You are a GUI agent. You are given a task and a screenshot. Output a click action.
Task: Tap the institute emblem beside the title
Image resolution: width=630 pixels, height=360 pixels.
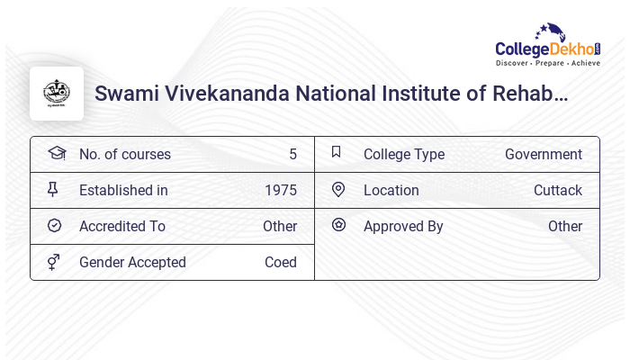point(57,94)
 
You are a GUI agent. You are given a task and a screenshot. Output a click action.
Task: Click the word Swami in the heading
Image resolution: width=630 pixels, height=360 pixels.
point(122,94)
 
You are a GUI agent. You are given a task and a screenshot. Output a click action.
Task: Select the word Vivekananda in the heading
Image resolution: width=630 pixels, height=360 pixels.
point(223,94)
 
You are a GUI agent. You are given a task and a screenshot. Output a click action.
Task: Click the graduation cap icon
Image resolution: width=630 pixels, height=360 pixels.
point(57,153)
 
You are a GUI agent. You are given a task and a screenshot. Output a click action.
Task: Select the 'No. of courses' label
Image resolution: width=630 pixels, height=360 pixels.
point(125,155)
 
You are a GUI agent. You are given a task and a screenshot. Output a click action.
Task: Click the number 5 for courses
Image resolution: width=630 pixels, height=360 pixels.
point(292,155)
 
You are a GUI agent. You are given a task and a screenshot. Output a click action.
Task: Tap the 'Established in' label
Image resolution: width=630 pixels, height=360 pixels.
point(123,191)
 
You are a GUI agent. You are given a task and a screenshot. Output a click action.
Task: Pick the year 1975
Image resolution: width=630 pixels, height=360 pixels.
point(281,191)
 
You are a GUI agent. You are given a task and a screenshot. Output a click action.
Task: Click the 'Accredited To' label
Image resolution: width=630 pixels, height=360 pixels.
point(122,227)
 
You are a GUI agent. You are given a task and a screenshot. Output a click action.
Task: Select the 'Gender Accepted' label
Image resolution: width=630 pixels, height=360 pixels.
point(132,263)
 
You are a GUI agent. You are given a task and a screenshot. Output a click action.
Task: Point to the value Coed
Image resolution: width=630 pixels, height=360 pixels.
point(281,263)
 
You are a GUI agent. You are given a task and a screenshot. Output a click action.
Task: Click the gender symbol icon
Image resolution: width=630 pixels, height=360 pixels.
point(54,262)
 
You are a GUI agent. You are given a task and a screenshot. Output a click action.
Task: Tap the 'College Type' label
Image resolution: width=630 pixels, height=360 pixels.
point(404,155)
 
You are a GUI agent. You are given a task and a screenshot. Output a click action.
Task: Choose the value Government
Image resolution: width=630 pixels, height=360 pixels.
point(544,155)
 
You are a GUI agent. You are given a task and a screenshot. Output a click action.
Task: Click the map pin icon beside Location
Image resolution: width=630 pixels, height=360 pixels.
point(338,190)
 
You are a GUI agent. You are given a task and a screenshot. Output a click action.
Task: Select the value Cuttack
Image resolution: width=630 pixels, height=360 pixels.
point(558,191)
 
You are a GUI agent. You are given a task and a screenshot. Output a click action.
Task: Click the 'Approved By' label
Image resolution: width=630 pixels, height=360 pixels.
point(403,227)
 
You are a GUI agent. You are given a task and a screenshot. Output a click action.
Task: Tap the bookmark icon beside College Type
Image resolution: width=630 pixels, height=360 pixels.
point(337,152)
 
